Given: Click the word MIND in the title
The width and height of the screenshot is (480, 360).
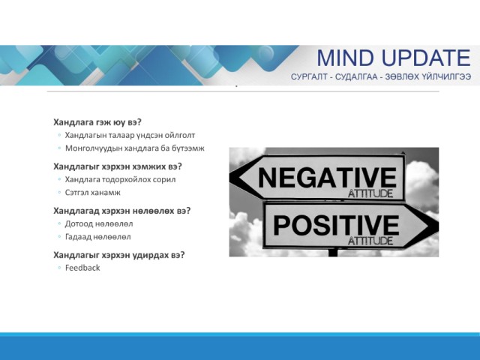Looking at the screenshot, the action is (x=345, y=58).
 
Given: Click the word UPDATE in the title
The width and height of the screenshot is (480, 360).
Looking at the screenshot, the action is (x=427, y=58).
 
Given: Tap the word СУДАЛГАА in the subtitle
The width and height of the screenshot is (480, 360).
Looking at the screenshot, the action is (x=356, y=76).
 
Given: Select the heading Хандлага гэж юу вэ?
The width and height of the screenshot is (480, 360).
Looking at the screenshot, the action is (x=97, y=122).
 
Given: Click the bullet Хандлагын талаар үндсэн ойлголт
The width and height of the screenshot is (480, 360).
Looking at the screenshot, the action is (x=130, y=135).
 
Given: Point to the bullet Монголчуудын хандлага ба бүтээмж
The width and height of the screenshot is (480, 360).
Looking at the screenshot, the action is (x=135, y=148).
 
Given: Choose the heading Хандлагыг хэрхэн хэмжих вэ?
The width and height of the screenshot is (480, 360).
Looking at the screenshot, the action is (x=118, y=166).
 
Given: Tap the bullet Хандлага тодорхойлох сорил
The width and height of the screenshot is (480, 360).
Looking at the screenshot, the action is (x=120, y=180).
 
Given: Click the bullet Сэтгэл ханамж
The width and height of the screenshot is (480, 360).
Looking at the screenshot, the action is (x=93, y=193).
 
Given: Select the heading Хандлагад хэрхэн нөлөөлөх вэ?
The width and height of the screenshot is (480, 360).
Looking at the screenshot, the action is (x=121, y=211).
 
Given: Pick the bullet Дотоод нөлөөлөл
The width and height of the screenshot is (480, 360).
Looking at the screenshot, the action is (x=99, y=223).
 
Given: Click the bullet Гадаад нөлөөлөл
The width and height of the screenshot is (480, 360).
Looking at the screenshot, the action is (x=98, y=237).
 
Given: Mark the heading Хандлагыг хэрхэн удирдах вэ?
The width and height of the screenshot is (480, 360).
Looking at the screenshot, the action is (x=119, y=255).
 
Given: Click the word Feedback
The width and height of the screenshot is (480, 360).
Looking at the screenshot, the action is (x=82, y=268).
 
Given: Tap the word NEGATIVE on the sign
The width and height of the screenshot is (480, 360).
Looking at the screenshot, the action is (x=327, y=178).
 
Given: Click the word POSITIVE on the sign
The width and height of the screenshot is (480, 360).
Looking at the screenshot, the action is (x=336, y=225).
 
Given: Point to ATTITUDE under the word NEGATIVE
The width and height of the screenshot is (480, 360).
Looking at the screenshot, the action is (x=370, y=193).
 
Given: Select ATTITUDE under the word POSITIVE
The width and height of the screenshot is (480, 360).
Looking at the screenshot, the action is (x=370, y=241).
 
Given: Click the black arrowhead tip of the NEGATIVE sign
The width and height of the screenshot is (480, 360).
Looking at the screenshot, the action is (x=230, y=177).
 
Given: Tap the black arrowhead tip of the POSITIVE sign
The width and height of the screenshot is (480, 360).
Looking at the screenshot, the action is (x=438, y=226).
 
